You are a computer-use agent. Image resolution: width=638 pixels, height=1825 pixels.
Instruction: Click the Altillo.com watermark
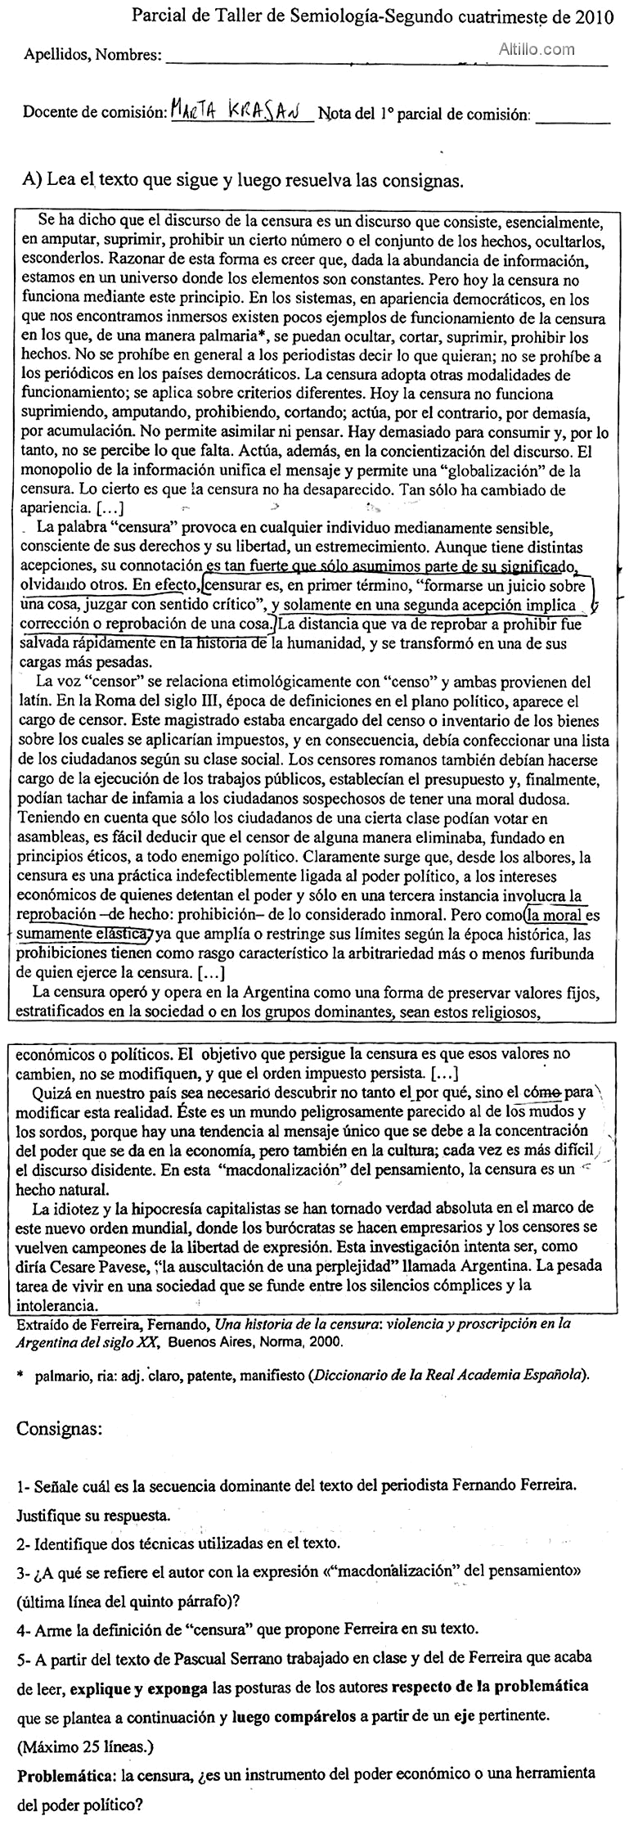[537, 49]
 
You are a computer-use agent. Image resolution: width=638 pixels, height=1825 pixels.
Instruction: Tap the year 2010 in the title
[593, 17]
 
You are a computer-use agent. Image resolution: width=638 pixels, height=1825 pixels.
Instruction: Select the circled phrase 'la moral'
[554, 916]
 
